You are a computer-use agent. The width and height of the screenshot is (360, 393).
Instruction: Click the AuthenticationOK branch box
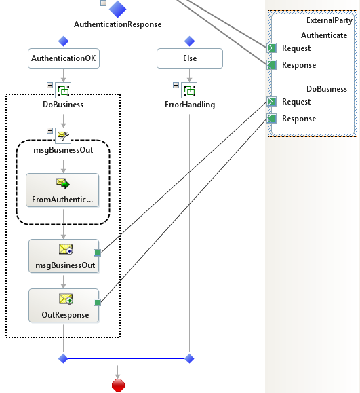pos(64,58)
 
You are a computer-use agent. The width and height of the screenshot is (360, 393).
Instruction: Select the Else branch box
pos(190,58)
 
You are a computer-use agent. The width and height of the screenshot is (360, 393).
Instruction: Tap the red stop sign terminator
pos(118,386)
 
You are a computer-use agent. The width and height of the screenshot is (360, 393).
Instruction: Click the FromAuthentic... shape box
pos(62,190)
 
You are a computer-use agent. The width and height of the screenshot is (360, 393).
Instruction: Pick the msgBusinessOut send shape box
pos(64,256)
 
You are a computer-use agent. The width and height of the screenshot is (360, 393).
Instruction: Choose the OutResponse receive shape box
pos(64,305)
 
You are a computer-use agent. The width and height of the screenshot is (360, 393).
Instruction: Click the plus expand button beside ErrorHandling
pos(176,86)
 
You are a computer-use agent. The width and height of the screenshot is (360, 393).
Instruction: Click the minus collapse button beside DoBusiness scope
pos(49,86)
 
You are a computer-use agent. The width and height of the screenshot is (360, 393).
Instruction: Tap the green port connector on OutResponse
pos(98,303)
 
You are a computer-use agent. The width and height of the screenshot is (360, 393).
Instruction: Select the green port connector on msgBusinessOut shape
pos(98,253)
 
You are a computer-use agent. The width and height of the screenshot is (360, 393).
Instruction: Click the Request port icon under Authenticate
pos(272,48)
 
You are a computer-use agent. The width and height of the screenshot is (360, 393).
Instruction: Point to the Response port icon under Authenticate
pos(272,65)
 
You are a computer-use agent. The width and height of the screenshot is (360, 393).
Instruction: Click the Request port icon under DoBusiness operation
pos(272,102)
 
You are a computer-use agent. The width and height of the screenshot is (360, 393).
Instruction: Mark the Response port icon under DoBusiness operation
pos(272,119)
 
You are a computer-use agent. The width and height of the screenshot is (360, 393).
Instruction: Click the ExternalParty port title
pos(329,20)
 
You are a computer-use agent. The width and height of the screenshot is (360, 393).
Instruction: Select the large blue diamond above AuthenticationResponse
pos(117,9)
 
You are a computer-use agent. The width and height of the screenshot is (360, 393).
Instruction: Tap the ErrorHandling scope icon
pos(189,90)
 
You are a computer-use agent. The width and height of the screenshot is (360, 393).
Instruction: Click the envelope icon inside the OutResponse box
pos(66,299)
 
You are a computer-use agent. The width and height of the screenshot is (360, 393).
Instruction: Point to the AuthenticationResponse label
pos(118,24)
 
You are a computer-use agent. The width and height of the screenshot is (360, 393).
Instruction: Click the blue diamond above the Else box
pos(190,41)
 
